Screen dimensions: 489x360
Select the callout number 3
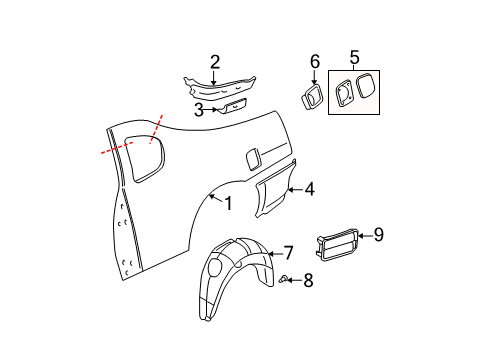click(199, 109)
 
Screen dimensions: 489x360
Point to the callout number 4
click(309, 187)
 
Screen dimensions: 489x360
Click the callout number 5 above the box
click(352, 58)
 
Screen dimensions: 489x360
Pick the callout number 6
click(313, 62)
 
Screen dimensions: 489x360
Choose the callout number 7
click(287, 252)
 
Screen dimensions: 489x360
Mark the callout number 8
click(308, 281)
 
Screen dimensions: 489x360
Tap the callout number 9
click(378, 235)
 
